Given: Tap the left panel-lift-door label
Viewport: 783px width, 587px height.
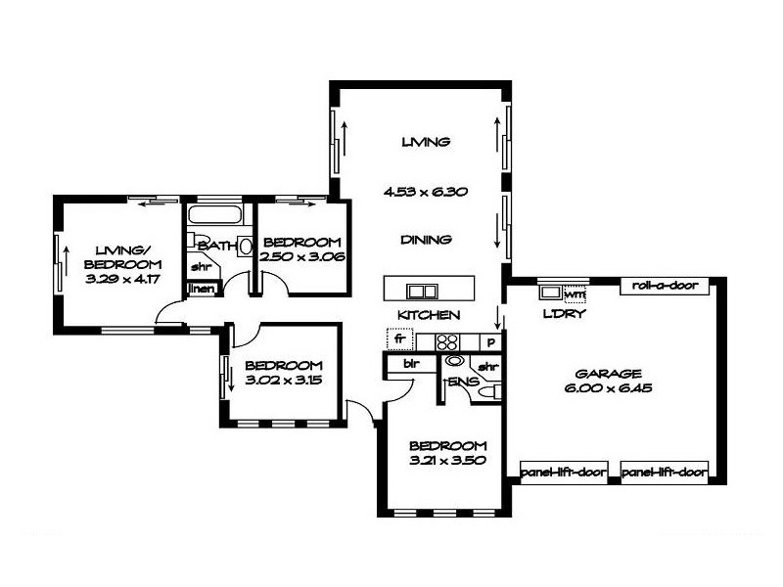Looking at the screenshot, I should coord(562,471).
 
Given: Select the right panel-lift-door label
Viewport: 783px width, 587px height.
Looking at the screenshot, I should coord(665,471).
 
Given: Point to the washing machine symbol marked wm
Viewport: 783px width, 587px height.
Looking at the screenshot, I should coord(575,292).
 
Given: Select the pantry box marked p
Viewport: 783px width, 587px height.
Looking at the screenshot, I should coord(490,342).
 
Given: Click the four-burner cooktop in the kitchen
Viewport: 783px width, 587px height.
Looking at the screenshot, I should coord(447,342).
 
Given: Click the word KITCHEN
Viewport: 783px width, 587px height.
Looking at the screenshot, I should coord(428,315).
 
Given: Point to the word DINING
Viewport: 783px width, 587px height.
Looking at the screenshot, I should coord(425,239).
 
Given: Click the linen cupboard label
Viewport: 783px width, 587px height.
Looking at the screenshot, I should coord(201,288).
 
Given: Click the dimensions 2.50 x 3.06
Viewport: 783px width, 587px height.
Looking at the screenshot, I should coord(302,257).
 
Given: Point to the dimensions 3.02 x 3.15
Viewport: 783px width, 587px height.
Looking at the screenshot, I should coord(284,380).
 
